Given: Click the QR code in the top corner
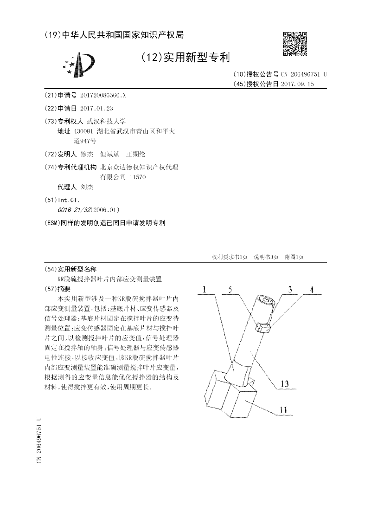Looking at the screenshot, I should pos(295,44).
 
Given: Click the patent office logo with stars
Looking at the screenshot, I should pos(79,65).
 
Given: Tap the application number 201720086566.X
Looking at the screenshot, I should pos(102,95).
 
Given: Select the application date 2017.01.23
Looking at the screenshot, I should pos(96,108).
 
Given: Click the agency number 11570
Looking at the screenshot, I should pos(138,177).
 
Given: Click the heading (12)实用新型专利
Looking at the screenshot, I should pos(185,57).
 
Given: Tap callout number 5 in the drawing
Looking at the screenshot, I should pos(230,290).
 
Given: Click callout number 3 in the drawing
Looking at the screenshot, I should pos(290,290).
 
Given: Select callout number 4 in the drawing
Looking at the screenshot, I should pos(312,290).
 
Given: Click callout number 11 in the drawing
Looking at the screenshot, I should pos(284,410).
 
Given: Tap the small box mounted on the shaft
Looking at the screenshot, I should pos(263,328).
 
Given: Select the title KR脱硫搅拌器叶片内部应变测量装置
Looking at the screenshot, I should pos(109,279).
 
